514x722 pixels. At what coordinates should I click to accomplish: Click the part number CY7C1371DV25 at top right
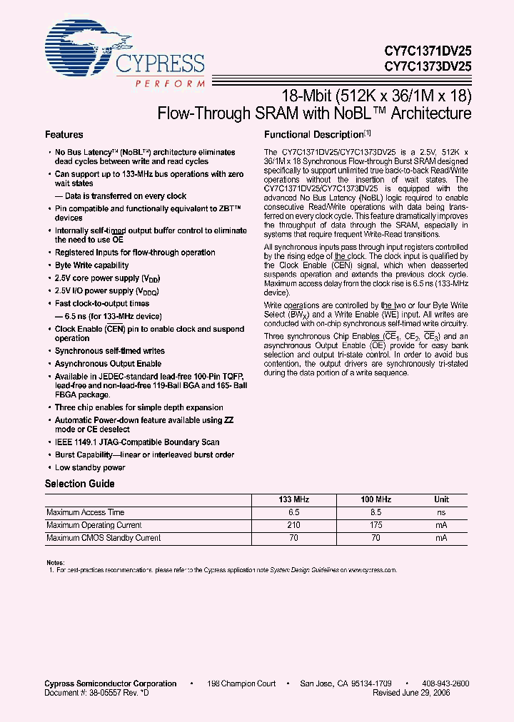427,51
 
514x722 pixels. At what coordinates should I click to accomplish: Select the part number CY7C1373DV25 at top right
427,66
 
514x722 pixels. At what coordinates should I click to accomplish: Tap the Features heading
64,135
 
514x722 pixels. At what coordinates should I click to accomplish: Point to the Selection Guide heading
80,484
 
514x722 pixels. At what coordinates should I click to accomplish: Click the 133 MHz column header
293,499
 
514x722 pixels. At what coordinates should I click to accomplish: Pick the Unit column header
442,499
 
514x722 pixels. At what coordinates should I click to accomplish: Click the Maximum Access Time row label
85,512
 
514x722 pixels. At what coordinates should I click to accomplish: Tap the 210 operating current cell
293,525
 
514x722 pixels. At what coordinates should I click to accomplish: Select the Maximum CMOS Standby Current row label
104,538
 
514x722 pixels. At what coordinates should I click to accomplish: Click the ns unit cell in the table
442,512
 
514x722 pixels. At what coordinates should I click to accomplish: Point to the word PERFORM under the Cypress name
168,83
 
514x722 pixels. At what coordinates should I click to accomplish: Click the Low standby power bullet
90,468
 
